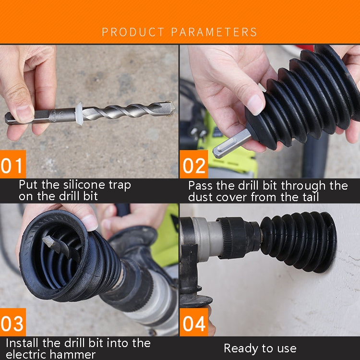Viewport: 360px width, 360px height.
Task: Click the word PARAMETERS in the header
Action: (x=214, y=32)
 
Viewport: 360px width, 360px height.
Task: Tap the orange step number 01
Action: (x=13, y=166)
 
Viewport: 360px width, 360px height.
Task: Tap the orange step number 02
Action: (x=193, y=166)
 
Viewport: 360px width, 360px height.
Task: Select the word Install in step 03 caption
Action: (x=23, y=343)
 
